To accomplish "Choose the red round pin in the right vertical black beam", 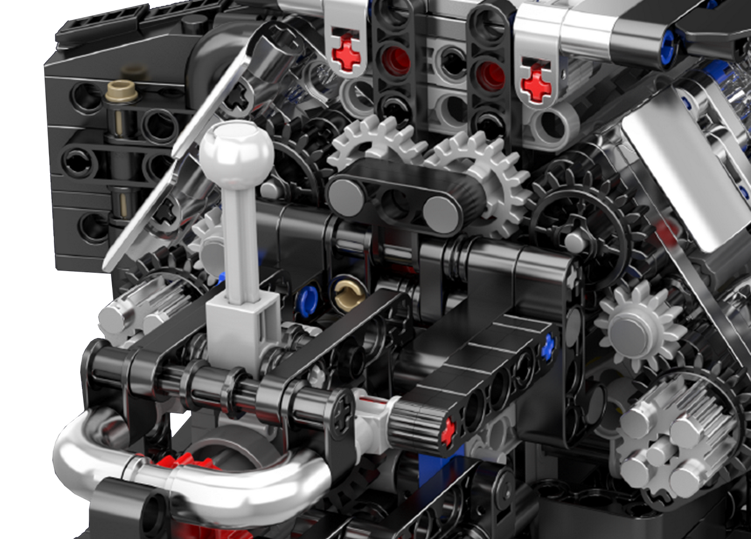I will pos(490,75).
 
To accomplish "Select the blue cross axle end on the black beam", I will pos(548,347).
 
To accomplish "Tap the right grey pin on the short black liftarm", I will pos(441,213).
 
